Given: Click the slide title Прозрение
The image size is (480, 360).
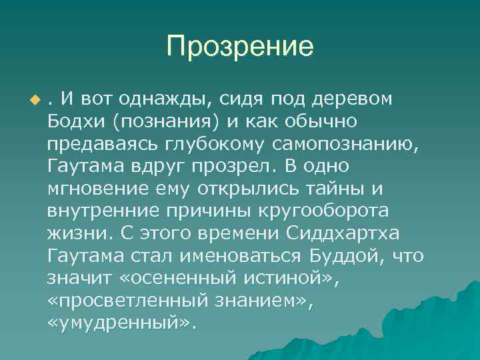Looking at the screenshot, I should (x=240, y=47).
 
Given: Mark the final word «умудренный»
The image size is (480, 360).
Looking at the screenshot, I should (x=122, y=323).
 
